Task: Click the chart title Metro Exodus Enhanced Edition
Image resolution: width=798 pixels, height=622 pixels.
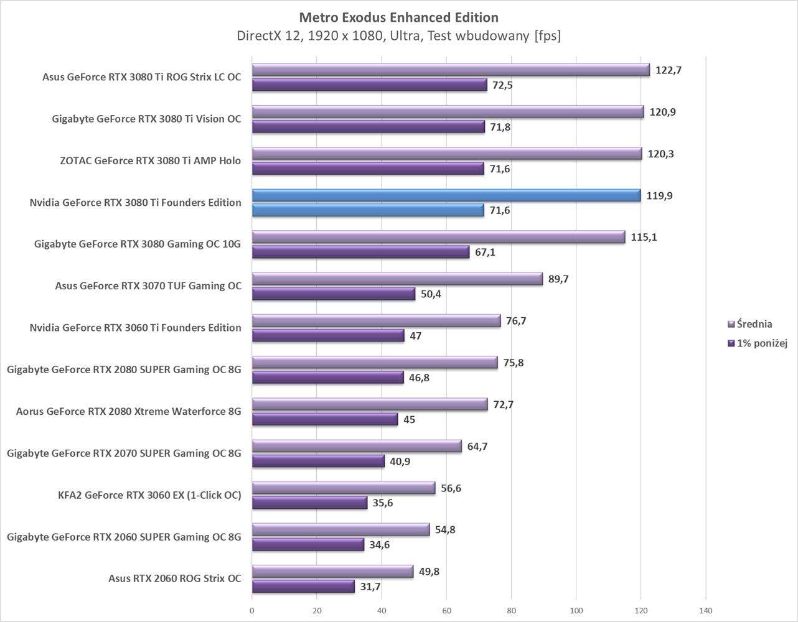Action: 398,17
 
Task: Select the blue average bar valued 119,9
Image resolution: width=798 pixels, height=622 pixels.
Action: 446,195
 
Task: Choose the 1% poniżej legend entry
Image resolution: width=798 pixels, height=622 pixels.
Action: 757,343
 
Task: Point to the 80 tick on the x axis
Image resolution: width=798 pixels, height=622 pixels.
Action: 511,611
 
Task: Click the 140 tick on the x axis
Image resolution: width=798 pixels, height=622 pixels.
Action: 705,611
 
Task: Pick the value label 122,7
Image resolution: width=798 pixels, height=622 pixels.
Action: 669,70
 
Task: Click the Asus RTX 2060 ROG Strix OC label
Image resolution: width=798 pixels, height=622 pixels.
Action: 174,578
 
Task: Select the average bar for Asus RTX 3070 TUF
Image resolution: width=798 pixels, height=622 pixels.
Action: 397,279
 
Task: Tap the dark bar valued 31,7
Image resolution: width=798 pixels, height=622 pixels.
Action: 303,587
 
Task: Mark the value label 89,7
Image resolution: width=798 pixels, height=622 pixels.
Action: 558,279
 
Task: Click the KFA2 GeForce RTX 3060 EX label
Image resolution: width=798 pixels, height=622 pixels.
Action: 149,495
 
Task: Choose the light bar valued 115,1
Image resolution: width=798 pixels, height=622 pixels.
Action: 438,237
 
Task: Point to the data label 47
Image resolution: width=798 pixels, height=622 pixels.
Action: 415,336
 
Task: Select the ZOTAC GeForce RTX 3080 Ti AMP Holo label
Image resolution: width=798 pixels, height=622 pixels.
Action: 150,160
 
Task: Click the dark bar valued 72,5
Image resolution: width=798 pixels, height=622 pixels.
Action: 369,85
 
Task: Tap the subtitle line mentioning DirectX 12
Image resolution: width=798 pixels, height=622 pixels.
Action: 398,35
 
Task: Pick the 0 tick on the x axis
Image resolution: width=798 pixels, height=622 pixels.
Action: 252,611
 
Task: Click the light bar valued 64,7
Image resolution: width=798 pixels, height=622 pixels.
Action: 357,446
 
